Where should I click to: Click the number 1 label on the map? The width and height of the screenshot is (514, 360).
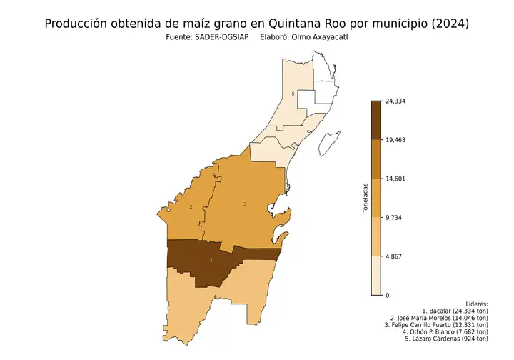click(211, 259)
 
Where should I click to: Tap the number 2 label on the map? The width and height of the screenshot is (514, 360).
click(191, 208)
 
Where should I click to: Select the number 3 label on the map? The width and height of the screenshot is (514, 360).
click(245, 204)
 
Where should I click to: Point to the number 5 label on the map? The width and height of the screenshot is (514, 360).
click(293, 94)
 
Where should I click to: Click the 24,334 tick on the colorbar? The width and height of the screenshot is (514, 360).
click(395, 101)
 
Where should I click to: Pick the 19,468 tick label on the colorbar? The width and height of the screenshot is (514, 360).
click(395, 140)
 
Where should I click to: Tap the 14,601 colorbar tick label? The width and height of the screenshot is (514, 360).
click(395, 179)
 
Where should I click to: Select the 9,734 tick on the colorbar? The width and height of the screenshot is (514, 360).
click(393, 217)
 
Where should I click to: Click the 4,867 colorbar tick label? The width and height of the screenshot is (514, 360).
click(393, 256)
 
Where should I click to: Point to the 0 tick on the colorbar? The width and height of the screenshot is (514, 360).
click(387, 295)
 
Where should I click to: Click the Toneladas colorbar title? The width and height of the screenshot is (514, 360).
click(365, 198)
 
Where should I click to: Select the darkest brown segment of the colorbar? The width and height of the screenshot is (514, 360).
click(376, 120)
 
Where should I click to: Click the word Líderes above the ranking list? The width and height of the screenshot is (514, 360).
click(476, 304)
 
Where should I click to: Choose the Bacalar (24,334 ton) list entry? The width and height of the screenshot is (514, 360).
click(455, 311)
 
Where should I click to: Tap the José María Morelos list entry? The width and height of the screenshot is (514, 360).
click(439, 319)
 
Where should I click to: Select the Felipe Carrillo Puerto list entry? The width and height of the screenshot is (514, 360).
click(436, 325)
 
